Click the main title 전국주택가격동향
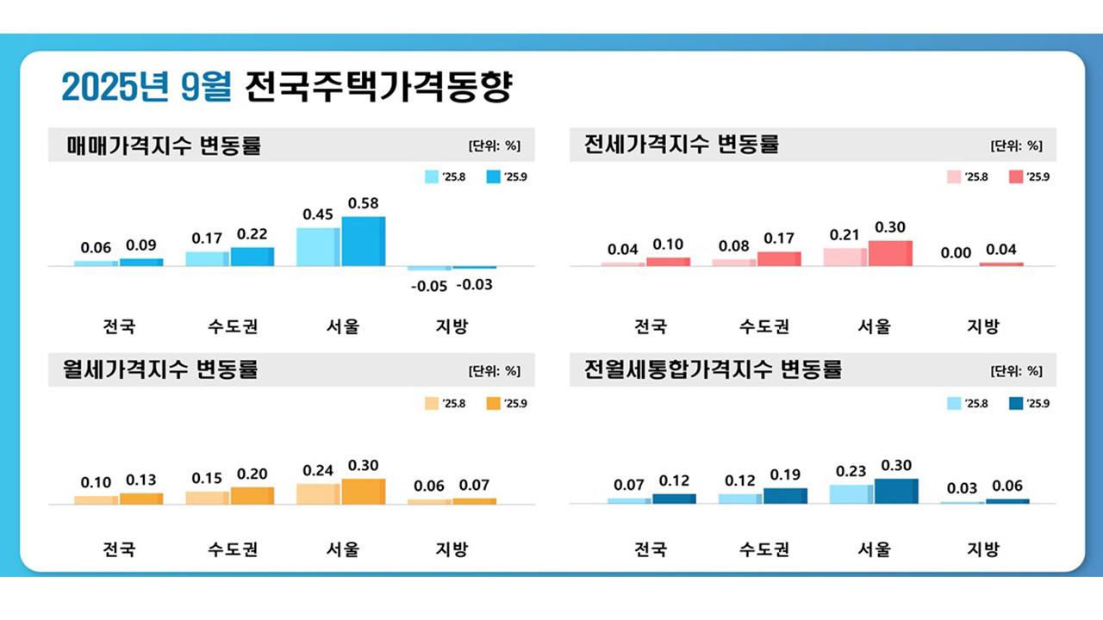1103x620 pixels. pos(377,87)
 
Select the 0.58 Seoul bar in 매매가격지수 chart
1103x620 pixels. pos(363,241)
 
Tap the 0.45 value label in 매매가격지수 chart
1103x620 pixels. pos(318,214)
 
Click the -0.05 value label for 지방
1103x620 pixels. pos(428,286)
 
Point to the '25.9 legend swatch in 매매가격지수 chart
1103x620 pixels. pos(494,177)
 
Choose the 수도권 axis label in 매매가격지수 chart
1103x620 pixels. pos(233,326)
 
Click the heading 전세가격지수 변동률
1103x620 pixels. pos(681,145)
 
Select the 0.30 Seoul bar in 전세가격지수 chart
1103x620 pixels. pos(890,253)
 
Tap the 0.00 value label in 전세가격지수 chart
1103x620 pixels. pos(957,252)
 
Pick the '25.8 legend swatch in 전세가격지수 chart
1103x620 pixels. pos(954,177)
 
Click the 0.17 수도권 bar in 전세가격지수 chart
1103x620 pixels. pos(779,258)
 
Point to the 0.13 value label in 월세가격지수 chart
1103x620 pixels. pos(141,480)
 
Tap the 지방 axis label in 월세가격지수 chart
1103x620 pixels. pos(451,549)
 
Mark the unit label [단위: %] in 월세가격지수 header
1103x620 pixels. pos(495,371)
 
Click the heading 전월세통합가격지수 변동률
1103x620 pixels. pos(713,370)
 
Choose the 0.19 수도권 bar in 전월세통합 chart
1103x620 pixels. pos(785,495)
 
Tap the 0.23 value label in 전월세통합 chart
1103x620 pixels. pos(851,472)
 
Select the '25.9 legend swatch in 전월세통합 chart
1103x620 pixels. pos(1015,403)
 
